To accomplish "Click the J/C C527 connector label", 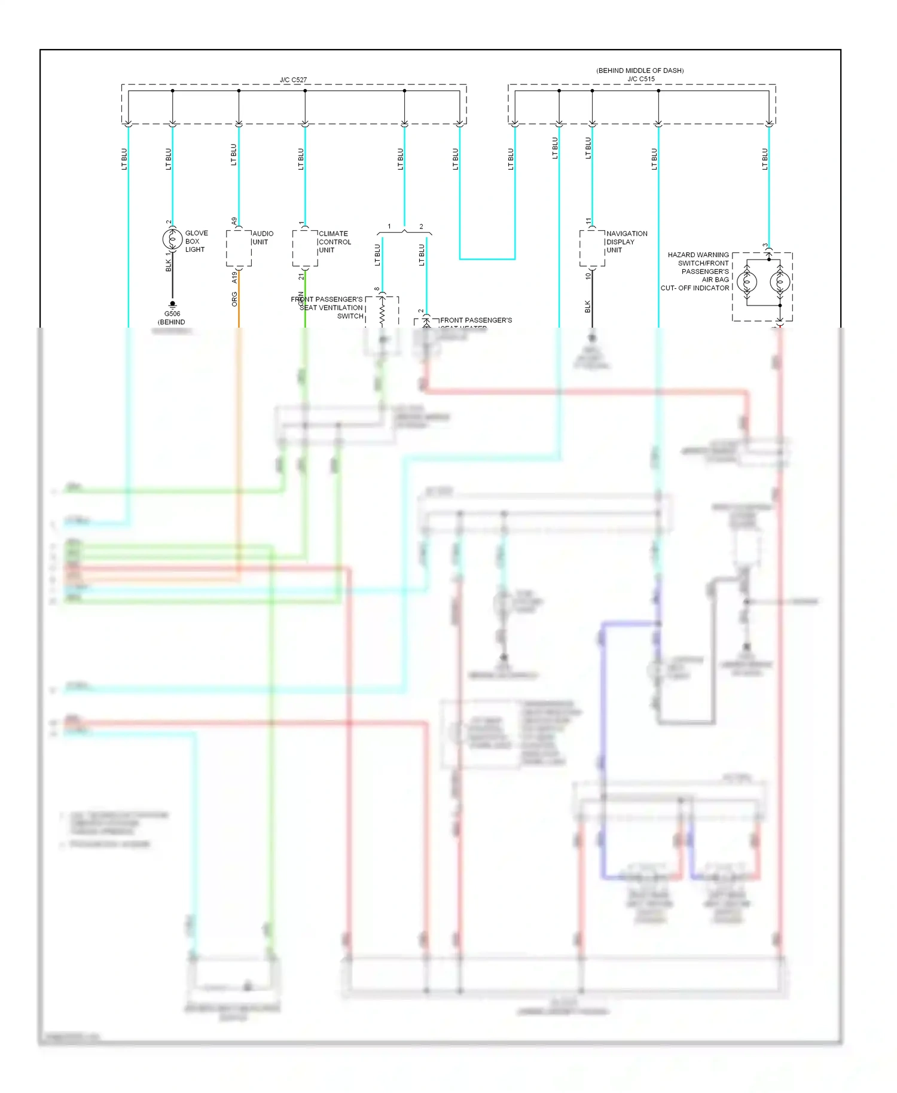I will coord(293,80).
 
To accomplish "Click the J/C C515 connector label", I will coord(640,79).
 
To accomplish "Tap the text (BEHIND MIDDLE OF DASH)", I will coord(640,71).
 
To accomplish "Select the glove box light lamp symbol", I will coord(173,240).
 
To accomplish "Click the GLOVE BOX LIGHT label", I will coord(196,242).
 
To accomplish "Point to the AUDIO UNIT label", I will coord(263,238).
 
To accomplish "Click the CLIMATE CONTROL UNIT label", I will coord(334,242).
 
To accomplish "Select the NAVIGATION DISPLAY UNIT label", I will coord(626,242).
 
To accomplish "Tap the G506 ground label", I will coord(172,314).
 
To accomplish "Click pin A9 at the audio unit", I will coord(234,221).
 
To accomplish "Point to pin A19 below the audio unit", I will coord(234,277).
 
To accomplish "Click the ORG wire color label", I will coord(234,299).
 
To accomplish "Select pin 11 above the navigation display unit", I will coord(588,221).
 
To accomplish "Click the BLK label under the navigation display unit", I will coord(588,306).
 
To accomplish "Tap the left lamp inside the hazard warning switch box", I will coord(747,282).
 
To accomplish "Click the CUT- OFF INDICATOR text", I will coord(694,288).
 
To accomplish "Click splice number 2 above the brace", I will coord(421,227).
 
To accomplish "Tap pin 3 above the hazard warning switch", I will coord(765,246).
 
